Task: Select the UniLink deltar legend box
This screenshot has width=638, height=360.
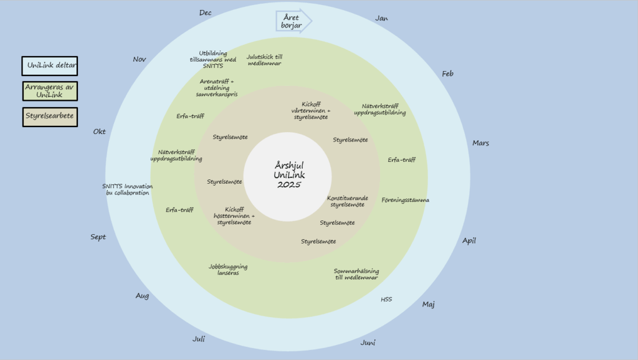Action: (x=50, y=66)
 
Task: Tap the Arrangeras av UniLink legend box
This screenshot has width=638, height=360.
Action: (x=50, y=91)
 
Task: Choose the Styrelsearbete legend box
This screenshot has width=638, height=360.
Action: (x=50, y=116)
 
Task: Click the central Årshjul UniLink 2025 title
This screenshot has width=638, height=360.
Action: (x=287, y=175)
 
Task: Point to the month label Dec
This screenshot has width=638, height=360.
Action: (x=206, y=12)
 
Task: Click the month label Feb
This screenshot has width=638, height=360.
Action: (x=447, y=73)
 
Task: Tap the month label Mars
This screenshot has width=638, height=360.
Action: (x=480, y=143)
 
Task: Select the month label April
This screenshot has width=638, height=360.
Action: (x=469, y=240)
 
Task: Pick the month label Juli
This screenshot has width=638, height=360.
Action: (x=199, y=339)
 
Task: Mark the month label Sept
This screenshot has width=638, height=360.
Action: (x=98, y=237)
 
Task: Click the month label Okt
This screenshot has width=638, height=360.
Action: (x=100, y=131)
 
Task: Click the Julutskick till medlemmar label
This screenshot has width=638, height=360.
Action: (x=265, y=60)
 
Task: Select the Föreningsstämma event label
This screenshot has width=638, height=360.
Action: (x=406, y=200)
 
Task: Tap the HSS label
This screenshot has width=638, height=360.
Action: (x=386, y=300)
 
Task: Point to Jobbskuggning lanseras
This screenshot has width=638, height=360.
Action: (x=228, y=270)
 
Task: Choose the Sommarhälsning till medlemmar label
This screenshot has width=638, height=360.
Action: (x=356, y=274)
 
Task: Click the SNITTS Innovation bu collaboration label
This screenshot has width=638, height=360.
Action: (x=127, y=189)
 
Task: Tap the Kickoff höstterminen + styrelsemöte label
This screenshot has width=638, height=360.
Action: (x=234, y=216)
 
